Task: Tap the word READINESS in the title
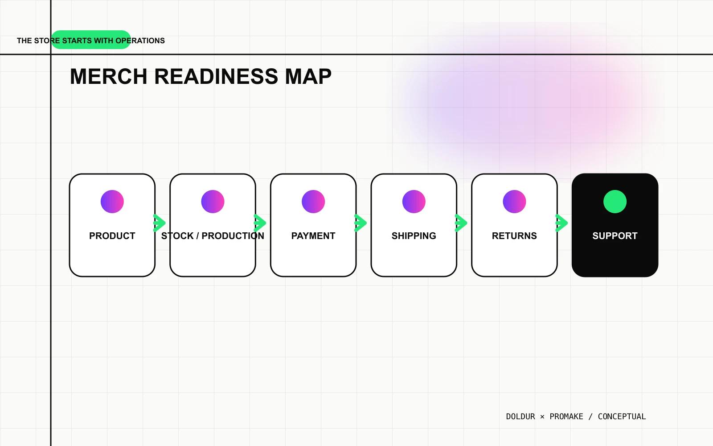point(216,76)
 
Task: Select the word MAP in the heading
point(308,76)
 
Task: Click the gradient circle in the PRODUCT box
point(112,202)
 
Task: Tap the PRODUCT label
point(112,236)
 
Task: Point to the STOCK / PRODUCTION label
point(213,236)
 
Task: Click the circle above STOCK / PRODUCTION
point(213,202)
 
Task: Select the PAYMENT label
point(313,236)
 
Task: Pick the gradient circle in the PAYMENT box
point(313,202)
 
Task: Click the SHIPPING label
point(414,236)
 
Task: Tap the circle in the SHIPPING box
point(414,202)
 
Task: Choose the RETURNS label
point(514,236)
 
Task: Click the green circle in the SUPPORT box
point(615,202)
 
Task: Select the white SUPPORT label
point(615,236)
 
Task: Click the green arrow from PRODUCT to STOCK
point(160,223)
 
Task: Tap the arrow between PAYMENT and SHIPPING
point(361,223)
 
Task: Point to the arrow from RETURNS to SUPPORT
point(562,223)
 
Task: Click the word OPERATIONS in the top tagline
point(140,41)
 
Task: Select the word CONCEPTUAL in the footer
point(622,417)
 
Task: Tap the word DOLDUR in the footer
point(521,417)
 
